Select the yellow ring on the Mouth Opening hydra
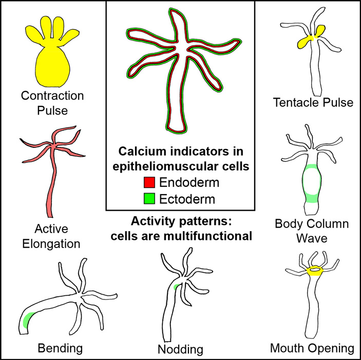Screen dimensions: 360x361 click(x=312, y=271)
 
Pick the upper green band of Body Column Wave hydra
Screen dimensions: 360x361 click(x=311, y=167)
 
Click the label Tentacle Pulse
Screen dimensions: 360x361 click(x=314, y=103)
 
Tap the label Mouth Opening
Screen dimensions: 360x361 click(x=312, y=349)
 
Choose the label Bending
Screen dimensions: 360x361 click(x=61, y=349)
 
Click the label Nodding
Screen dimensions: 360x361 click(x=180, y=350)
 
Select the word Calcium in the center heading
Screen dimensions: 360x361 click(x=140, y=152)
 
